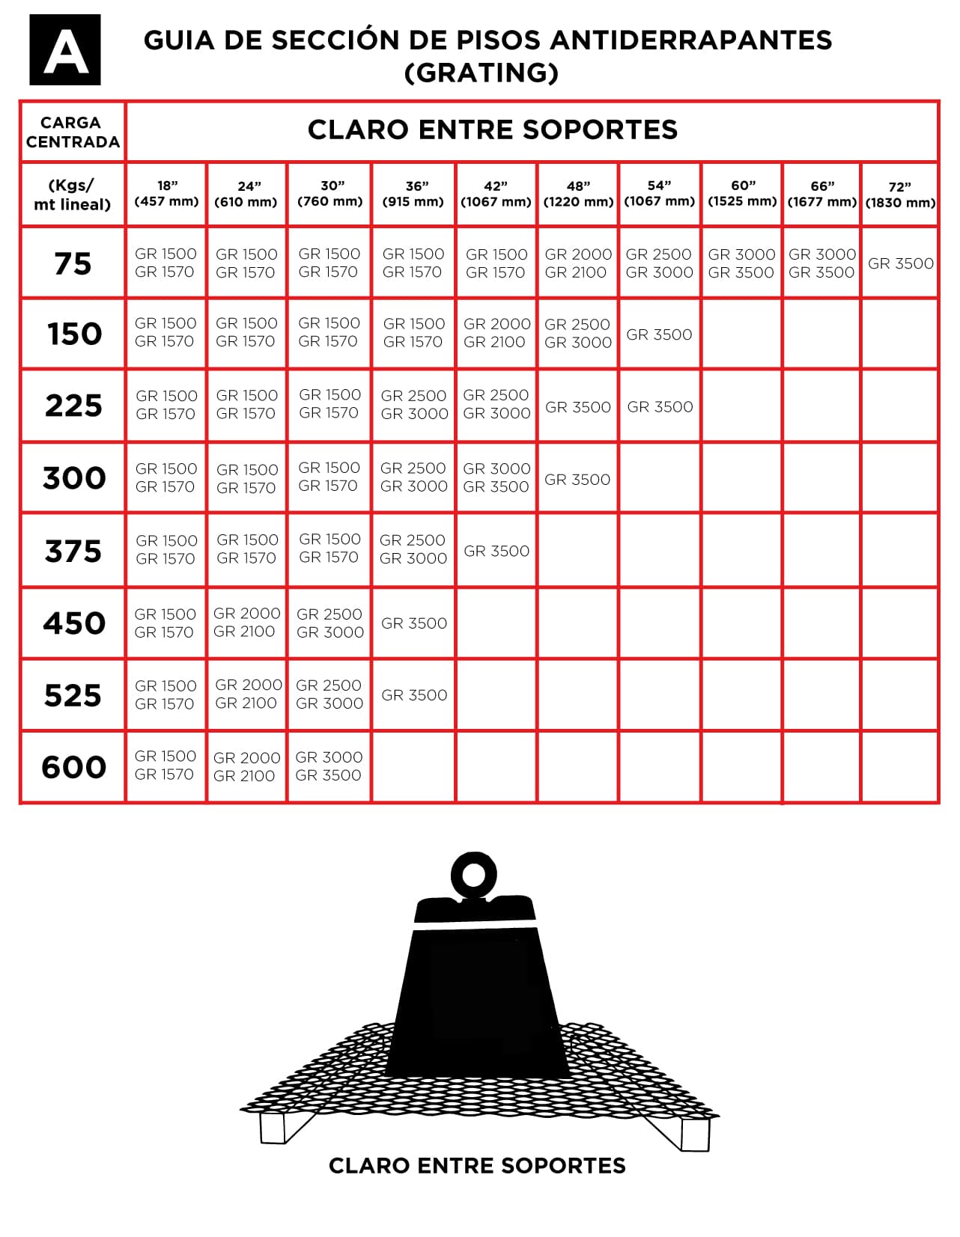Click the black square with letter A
[65, 49]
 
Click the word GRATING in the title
[481, 73]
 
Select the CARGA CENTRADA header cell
[73, 132]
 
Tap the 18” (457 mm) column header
[166, 193]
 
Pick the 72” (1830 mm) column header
[900, 195]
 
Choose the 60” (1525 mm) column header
[742, 193]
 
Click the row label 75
[73, 263]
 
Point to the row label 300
[73, 477]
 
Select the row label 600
[73, 767]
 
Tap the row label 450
[73, 623]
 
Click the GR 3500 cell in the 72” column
[900, 263]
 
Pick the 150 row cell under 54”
[659, 335]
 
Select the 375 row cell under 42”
[496, 551]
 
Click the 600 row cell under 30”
[329, 766]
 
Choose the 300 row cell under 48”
[577, 479]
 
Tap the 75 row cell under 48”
[577, 263]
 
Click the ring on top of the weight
[474, 873]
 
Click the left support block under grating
[273, 1128]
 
